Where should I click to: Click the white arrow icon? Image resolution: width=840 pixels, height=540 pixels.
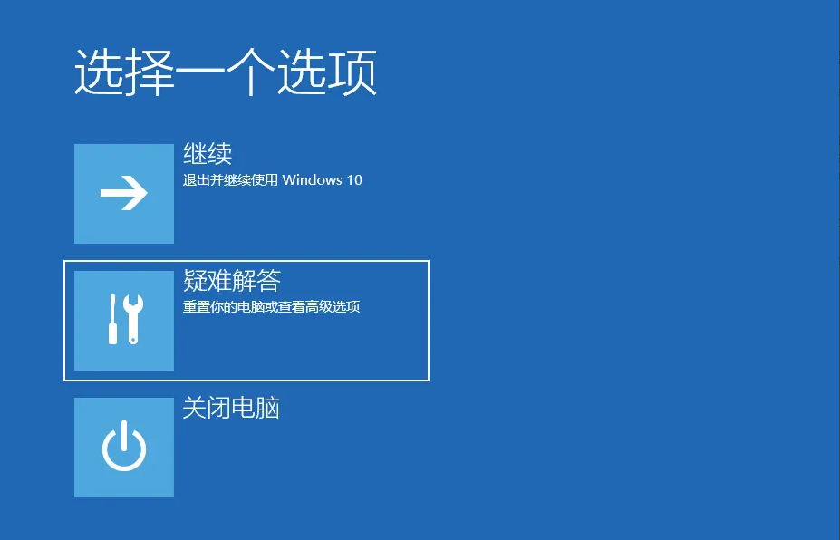[x=124, y=193]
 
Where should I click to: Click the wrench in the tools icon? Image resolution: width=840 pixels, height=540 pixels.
[x=133, y=319]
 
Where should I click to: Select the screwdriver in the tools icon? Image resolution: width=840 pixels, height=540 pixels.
[x=112, y=319]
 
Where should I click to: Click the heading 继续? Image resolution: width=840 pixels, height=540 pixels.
[x=208, y=154]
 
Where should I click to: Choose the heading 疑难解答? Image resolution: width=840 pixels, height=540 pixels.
[x=232, y=280]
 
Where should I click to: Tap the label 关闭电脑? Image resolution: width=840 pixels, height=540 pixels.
[x=231, y=408]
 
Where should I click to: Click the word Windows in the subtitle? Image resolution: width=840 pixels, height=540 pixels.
[x=312, y=180]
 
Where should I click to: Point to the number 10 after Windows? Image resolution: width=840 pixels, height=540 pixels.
[x=354, y=180]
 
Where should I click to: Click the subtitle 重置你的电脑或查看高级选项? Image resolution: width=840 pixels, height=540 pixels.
[x=271, y=307]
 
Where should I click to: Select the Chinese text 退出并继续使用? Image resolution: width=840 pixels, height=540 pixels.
[x=230, y=180]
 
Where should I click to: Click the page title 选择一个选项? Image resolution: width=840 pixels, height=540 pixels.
[x=226, y=72]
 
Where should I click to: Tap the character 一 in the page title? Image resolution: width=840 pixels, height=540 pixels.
[x=200, y=73]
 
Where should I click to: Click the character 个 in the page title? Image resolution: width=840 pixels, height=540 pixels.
[x=250, y=72]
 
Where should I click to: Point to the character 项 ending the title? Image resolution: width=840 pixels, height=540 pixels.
[x=352, y=72]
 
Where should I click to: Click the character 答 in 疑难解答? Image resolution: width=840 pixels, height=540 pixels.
[x=269, y=280]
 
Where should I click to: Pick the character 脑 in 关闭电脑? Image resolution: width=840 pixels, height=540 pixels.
[x=268, y=408]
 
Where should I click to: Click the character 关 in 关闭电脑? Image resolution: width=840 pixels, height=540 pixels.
[x=195, y=408]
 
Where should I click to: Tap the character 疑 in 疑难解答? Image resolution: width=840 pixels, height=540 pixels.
[x=195, y=280]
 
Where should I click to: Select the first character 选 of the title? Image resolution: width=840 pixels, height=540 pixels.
[x=99, y=72]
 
